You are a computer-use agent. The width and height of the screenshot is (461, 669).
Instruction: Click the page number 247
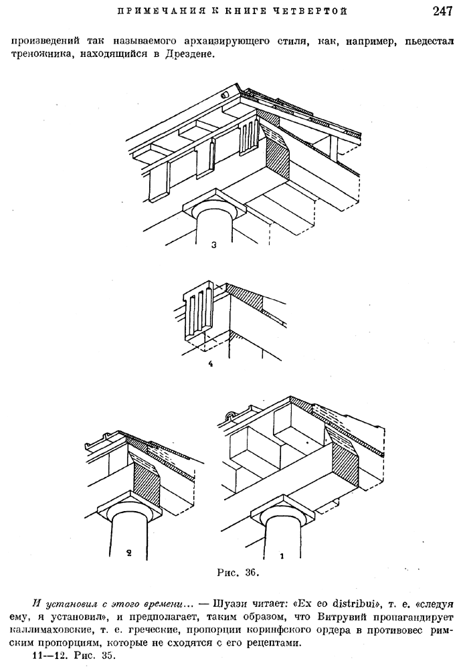pyautogui.click(x=442, y=11)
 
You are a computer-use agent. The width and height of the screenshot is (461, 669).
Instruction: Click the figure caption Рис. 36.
pyautogui.click(x=238, y=572)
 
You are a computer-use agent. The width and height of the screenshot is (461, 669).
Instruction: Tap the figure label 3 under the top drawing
pyautogui.click(x=214, y=245)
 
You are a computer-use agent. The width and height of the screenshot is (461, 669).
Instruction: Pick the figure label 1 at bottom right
pyautogui.click(x=281, y=555)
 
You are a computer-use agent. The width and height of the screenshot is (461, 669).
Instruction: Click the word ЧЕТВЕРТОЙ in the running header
pyautogui.click(x=316, y=11)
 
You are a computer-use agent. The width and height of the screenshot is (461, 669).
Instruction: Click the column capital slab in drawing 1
pyautogui.click(x=284, y=510)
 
